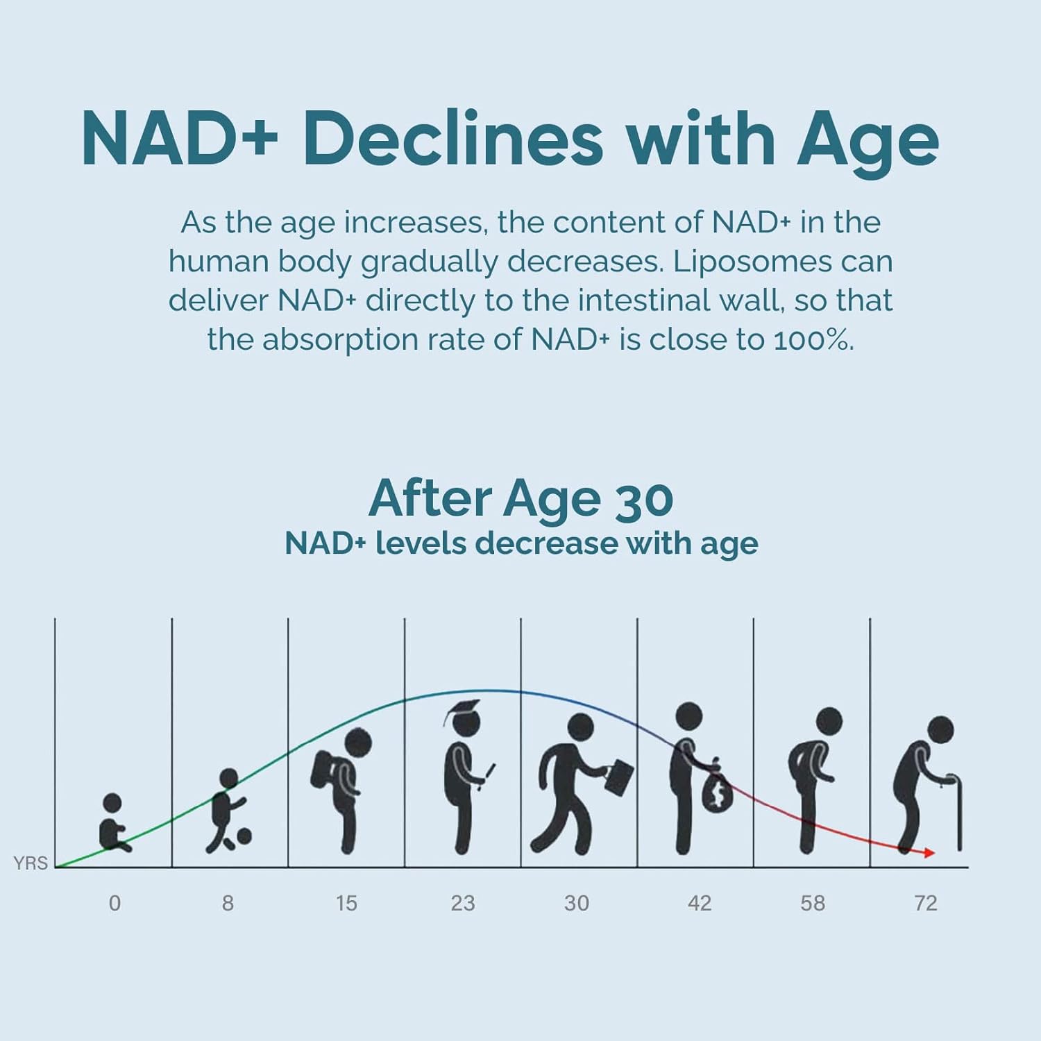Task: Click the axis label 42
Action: coord(700,903)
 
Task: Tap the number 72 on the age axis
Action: coord(926,903)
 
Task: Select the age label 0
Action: coord(115,903)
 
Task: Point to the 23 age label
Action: coord(462,903)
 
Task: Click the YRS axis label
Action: coord(31,863)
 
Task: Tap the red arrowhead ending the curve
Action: coord(928,852)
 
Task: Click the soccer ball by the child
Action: coord(243,836)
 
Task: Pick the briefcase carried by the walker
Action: coord(619,777)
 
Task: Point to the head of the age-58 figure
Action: coord(829,721)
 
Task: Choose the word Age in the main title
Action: coord(867,139)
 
